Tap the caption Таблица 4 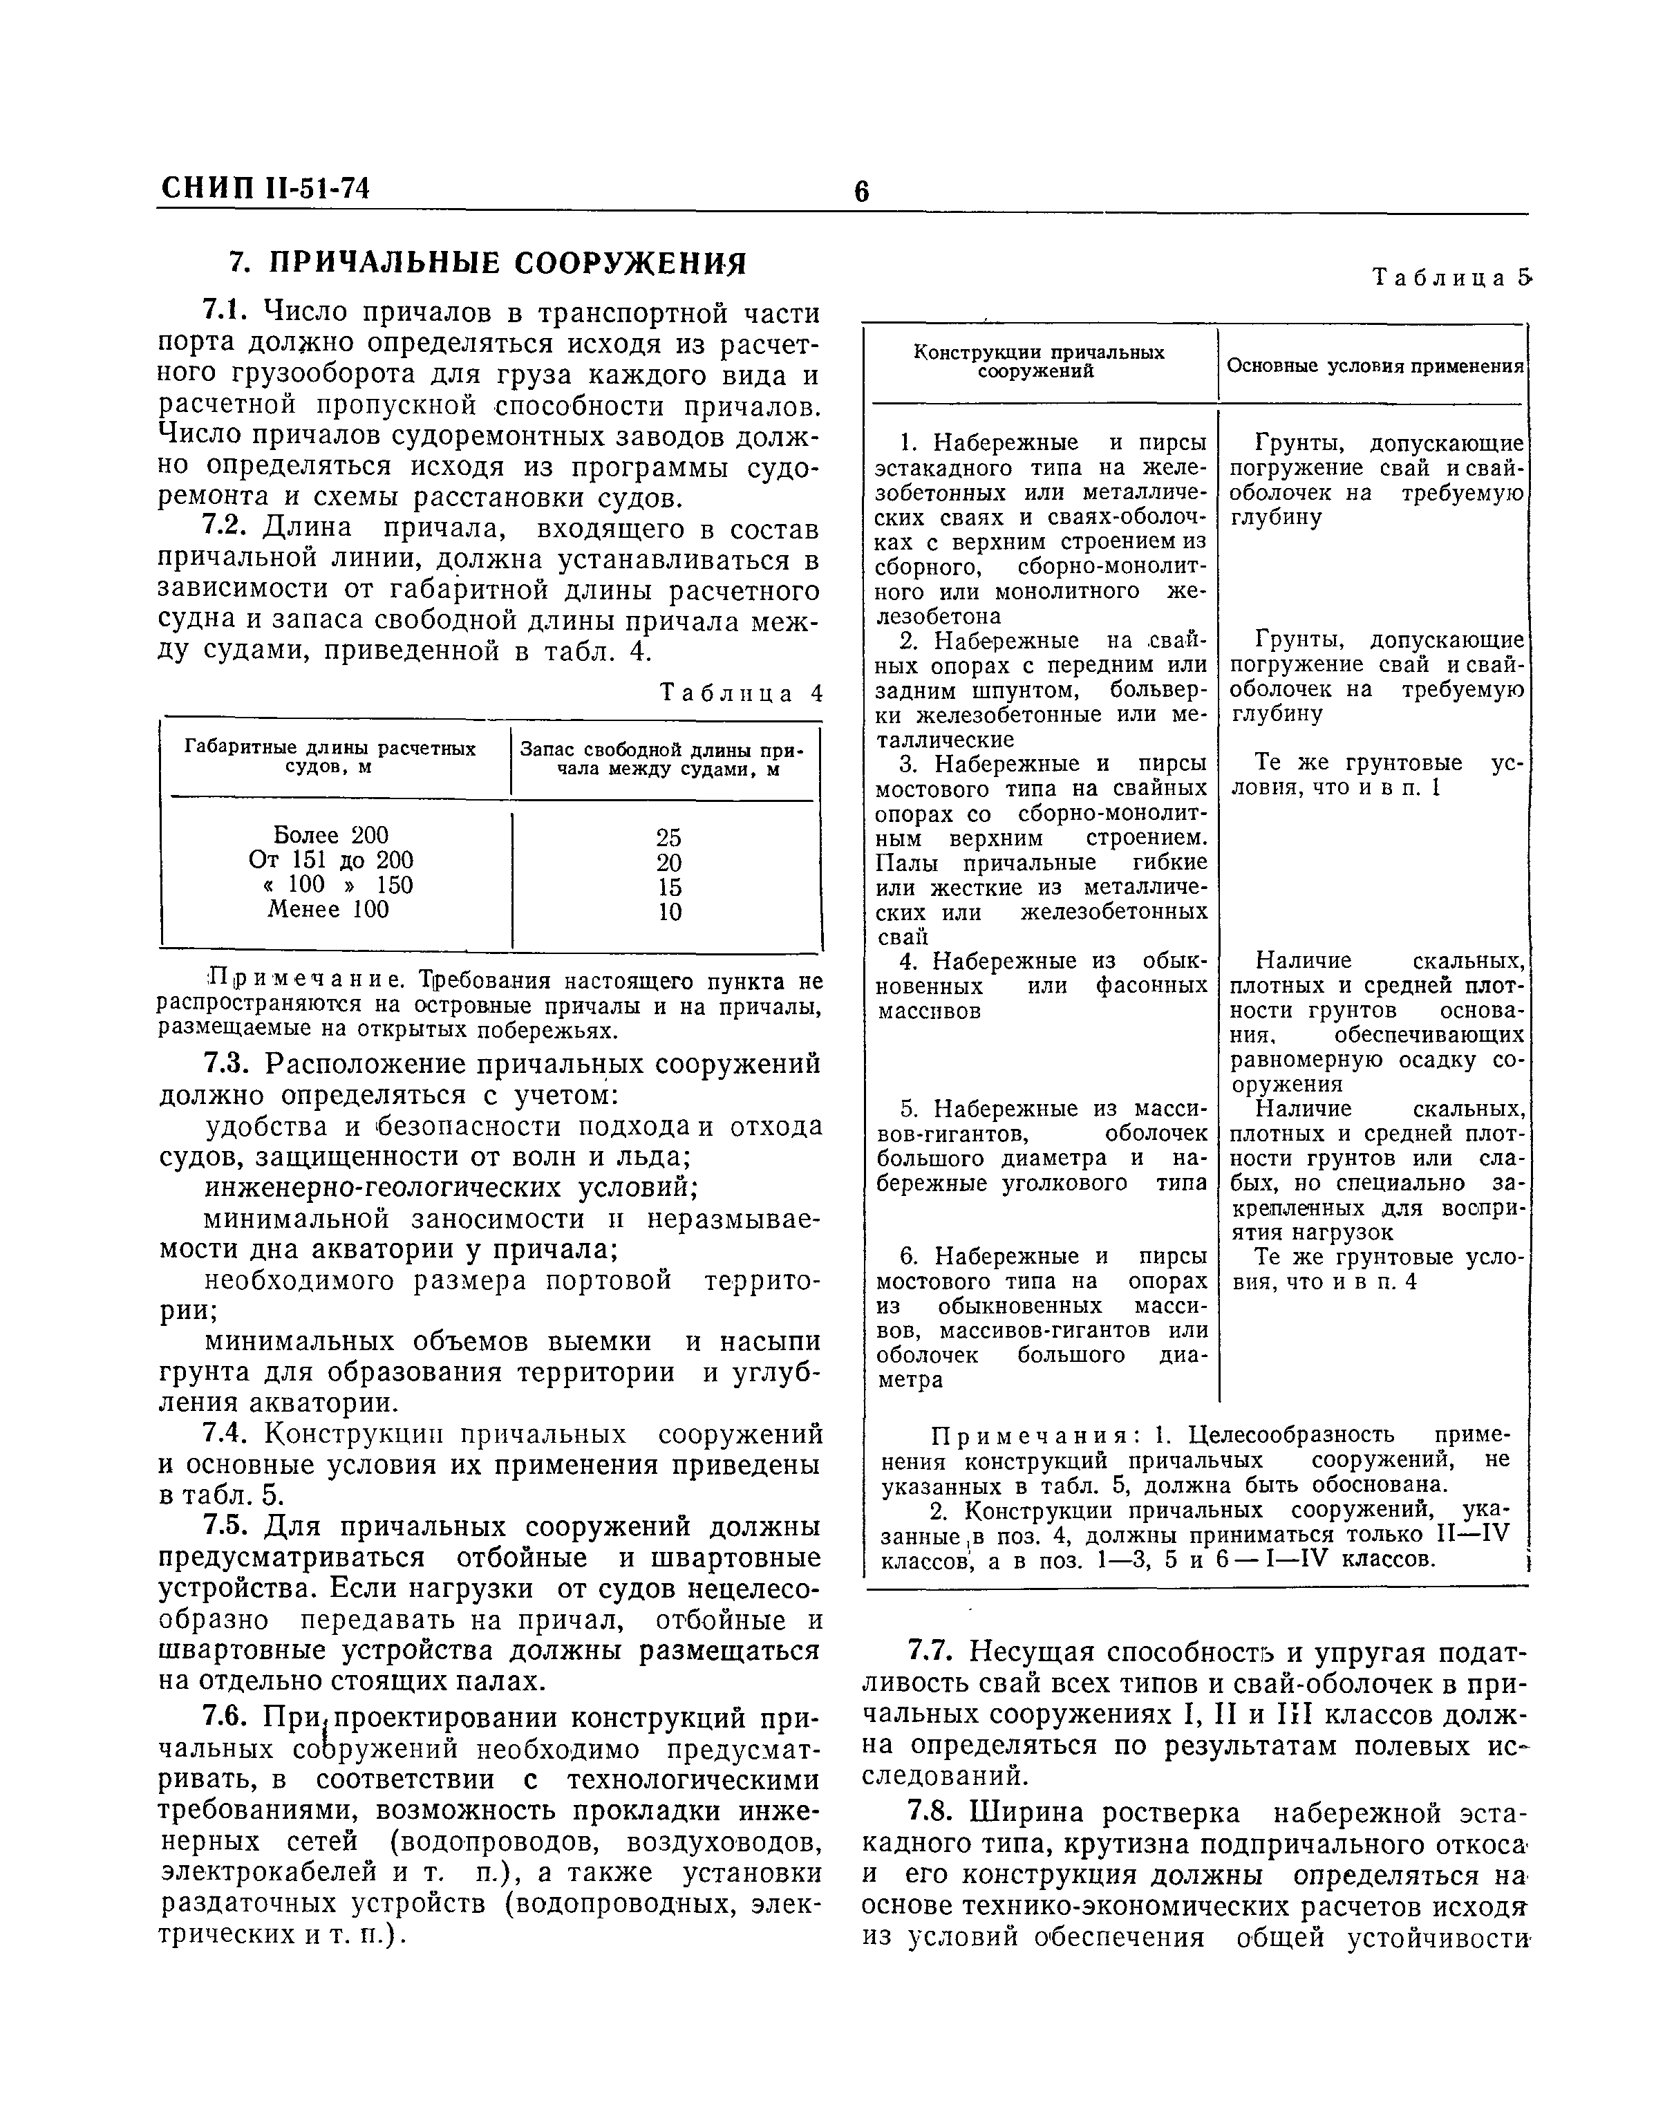741,694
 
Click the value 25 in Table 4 668,837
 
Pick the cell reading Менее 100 328,910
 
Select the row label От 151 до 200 331,861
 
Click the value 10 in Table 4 670,912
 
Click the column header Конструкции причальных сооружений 1039,362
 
